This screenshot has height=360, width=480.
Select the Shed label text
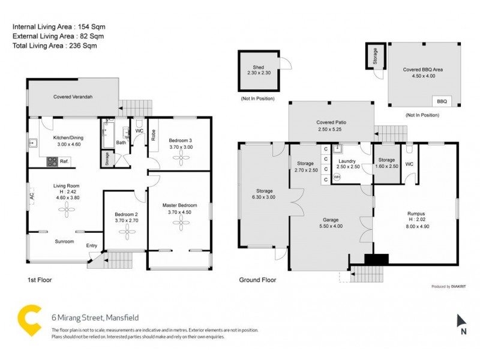(259, 68)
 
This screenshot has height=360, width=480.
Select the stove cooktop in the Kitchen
(52, 161)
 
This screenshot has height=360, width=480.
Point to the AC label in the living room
(31, 196)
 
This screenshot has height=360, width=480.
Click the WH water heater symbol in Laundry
(337, 176)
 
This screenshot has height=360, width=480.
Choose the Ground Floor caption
(257, 280)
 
